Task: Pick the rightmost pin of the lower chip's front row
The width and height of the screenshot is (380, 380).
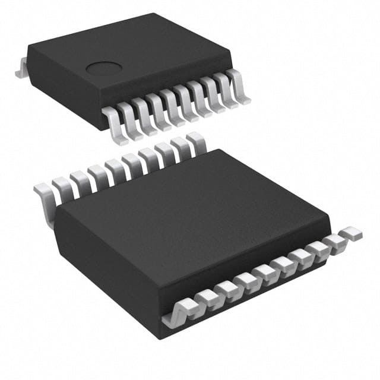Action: (x=353, y=233)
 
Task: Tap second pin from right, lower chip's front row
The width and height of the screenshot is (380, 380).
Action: (x=336, y=241)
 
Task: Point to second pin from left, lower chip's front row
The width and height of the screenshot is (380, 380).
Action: (x=205, y=296)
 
